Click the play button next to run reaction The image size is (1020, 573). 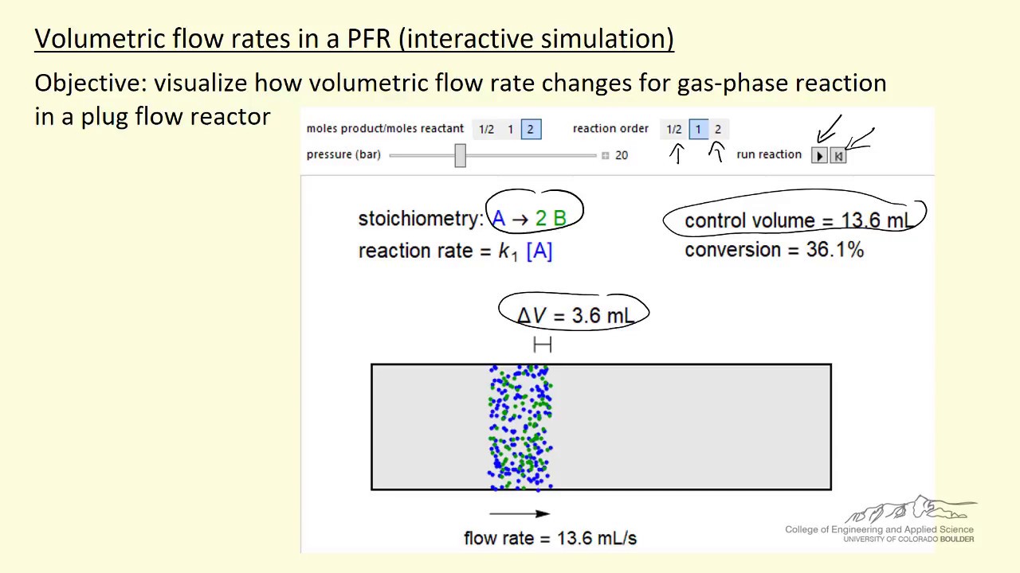click(x=819, y=156)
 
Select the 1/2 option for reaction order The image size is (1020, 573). click(x=674, y=130)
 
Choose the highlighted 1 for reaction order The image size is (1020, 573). click(x=698, y=130)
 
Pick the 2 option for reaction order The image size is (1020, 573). click(x=717, y=130)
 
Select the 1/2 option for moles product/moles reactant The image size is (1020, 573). click(x=486, y=130)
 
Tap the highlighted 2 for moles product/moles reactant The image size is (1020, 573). click(x=531, y=130)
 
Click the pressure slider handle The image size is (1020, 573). click(x=460, y=155)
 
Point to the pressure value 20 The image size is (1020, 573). click(x=622, y=155)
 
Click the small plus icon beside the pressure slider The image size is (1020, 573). click(x=606, y=155)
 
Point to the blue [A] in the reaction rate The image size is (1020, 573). click(x=539, y=251)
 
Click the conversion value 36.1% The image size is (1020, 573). click(x=834, y=250)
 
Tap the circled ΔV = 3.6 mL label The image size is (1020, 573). click(x=575, y=315)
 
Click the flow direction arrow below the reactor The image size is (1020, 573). click(x=519, y=514)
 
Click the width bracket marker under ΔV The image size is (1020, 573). click(x=542, y=344)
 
